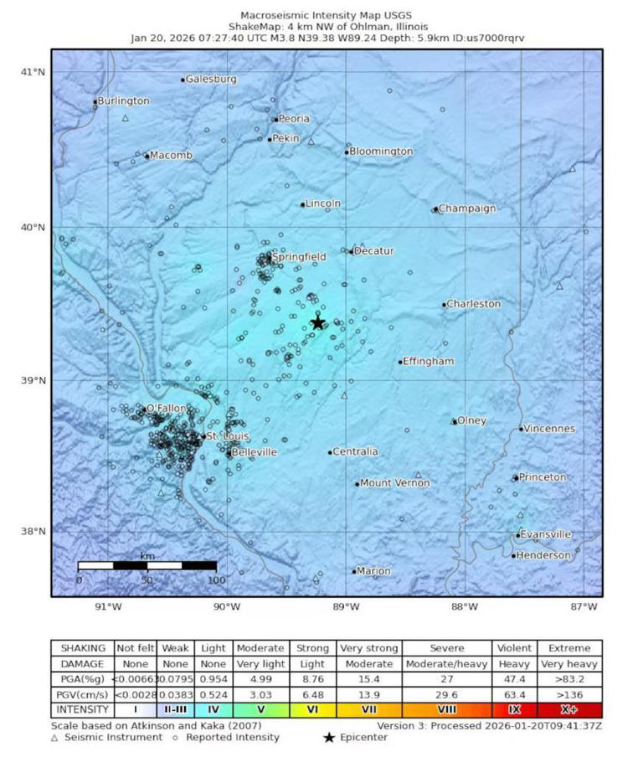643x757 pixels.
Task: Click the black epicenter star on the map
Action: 318,322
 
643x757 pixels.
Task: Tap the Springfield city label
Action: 298,256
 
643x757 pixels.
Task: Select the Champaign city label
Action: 467,209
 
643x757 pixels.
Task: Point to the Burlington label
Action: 124,101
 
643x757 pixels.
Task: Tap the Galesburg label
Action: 211,80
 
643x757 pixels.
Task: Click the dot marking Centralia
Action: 330,452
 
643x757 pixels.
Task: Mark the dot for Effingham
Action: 400,362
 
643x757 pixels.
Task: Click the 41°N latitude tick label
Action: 34,72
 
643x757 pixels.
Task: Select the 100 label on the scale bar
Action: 216,580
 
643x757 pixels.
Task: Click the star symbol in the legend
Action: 330,738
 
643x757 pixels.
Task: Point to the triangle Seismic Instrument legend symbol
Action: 55,738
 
